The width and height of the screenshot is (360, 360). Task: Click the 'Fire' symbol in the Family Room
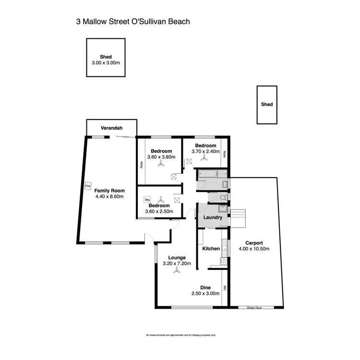pyautogui.click(x=87, y=185)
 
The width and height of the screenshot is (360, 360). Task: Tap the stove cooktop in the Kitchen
pyautogui.click(x=223, y=261)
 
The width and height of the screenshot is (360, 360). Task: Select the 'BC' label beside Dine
pyautogui.click(x=224, y=288)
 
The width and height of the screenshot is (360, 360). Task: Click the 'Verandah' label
pyautogui.click(x=112, y=128)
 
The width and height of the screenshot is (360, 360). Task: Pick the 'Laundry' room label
pyautogui.click(x=212, y=217)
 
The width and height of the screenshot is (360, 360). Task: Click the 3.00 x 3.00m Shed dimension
pyautogui.click(x=106, y=63)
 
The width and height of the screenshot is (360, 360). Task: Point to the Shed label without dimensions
pyautogui.click(x=267, y=104)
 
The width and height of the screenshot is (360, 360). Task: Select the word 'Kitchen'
pyautogui.click(x=211, y=249)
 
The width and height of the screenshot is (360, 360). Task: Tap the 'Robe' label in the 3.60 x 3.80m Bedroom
pyautogui.click(x=142, y=164)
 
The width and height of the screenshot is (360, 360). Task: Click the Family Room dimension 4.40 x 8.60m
pyautogui.click(x=109, y=196)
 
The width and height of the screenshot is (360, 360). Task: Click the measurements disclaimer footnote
pyautogui.click(x=180, y=335)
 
